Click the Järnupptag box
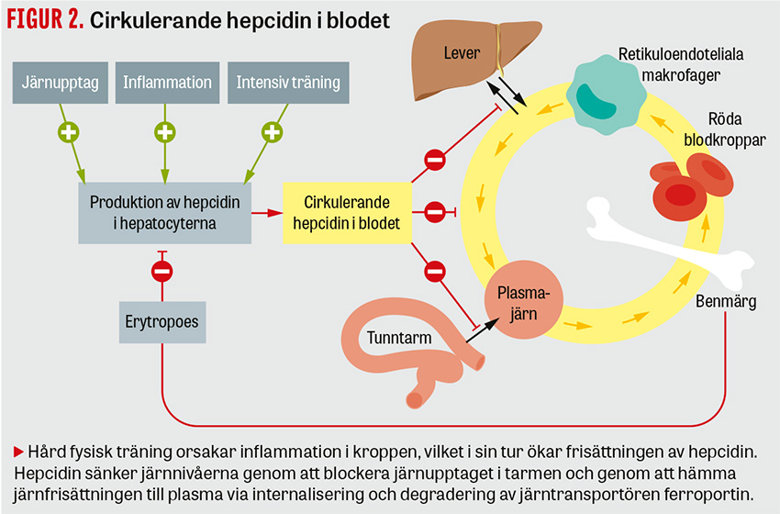(59, 83)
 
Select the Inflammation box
(167, 83)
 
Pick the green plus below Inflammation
(164, 132)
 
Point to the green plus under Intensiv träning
(271, 132)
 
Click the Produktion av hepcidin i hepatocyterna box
(165, 211)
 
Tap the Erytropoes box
(162, 323)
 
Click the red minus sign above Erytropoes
(162, 271)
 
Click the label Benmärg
(725, 302)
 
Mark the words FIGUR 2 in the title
(45, 20)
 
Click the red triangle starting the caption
(18, 451)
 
